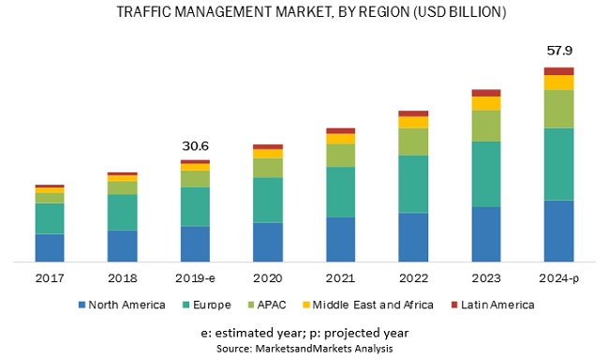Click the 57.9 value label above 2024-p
pos(558,50)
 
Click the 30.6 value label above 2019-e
pos(195,145)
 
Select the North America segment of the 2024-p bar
pos(558,231)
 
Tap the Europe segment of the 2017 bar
pos(50,218)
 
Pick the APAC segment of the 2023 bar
pos(485,126)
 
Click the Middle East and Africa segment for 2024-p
pos(558,82)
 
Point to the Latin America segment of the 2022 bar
pos(413,113)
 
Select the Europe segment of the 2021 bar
pos(340,192)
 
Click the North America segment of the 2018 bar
pos(122,246)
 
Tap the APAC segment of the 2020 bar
pos(268,167)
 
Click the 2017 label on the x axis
pos(50,278)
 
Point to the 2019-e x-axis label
pos(195,278)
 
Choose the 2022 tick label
pos(413,278)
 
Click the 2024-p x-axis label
pos(558,278)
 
